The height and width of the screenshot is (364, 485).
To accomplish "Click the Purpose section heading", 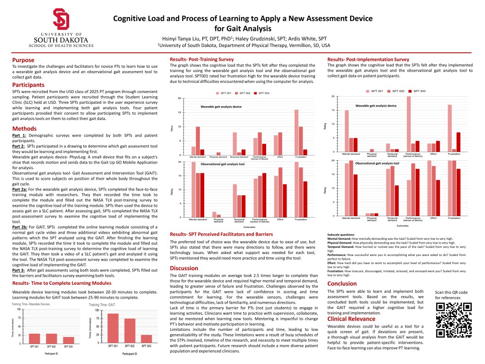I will pos(23,60).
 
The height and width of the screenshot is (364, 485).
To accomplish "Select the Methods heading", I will pos(24,128).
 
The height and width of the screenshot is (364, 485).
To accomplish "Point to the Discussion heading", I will pos(184,268).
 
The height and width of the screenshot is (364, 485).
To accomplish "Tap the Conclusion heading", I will pos(342,283).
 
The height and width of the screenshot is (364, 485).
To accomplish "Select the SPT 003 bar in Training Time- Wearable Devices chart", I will pos(69,340).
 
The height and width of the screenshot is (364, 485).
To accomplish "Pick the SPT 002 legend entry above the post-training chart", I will pos(244,93).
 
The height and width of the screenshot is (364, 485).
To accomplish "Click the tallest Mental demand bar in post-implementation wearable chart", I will pos(347,131).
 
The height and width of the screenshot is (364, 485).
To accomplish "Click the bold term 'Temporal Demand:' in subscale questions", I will pos(342,247).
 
